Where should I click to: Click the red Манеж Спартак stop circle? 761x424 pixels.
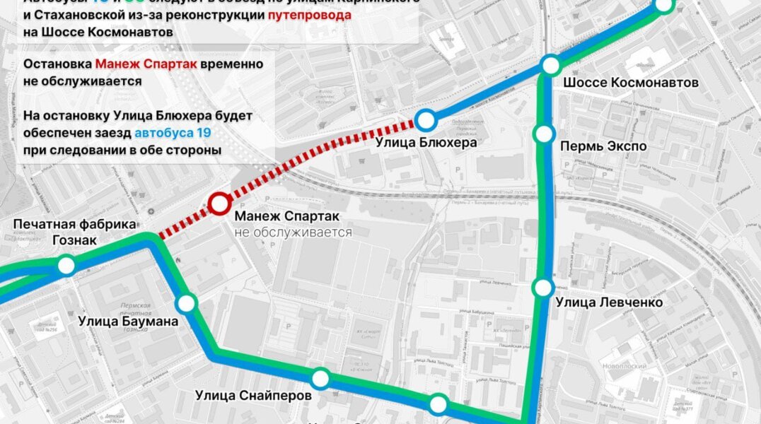tap(219, 204)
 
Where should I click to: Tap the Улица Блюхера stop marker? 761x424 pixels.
tap(426, 119)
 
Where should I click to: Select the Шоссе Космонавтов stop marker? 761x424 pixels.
tap(551, 65)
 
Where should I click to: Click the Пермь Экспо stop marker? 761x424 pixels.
tap(543, 133)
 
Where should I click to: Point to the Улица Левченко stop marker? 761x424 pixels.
tap(542, 288)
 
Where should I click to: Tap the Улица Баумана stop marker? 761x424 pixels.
tap(186, 304)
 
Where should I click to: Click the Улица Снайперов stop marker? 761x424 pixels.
tap(320, 378)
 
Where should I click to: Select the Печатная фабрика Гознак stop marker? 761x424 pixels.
tap(66, 266)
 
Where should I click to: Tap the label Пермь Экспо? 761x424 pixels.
tap(603, 146)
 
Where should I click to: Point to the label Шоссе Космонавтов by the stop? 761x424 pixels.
tap(630, 83)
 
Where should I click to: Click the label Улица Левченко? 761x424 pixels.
tap(609, 302)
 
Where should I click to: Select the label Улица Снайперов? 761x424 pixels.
tap(253, 396)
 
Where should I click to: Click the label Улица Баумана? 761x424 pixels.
tap(128, 322)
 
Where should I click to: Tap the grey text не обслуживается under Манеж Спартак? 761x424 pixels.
tap(293, 232)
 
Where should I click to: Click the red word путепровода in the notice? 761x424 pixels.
tap(309, 16)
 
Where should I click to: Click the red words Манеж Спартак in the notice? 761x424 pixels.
tap(136, 64)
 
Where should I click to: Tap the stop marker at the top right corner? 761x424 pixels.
tap(664, 5)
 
